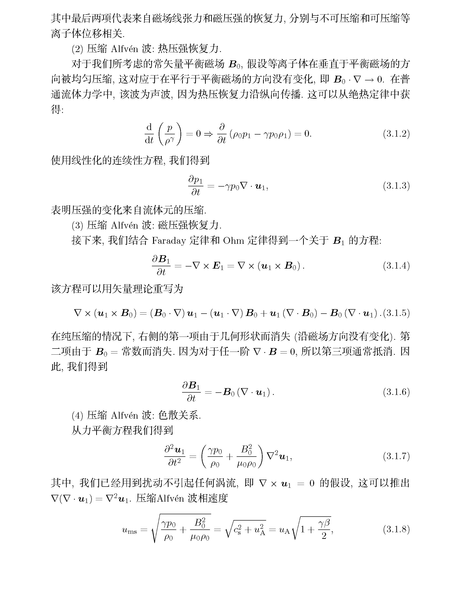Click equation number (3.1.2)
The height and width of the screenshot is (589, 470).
[x=396, y=134]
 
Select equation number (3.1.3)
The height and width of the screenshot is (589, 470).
[x=396, y=186]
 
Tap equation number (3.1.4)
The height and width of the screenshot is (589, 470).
[x=396, y=266]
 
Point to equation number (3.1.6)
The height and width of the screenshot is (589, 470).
[x=396, y=392]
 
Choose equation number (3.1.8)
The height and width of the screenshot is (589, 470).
[x=396, y=529]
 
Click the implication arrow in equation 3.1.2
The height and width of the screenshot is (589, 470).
[x=208, y=134]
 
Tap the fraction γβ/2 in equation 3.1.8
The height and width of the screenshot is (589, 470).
[x=324, y=529]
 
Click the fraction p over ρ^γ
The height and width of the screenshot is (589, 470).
[x=170, y=134]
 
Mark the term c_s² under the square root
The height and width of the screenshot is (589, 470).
[x=237, y=530]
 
